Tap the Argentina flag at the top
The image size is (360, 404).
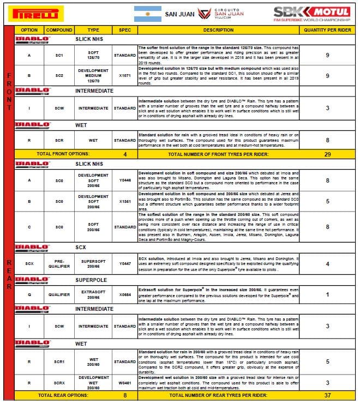click(x=147, y=13)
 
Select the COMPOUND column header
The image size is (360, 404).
click(x=59, y=30)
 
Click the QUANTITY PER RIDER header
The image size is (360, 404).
click(x=327, y=30)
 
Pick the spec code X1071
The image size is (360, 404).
click(x=125, y=76)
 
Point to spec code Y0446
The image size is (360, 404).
click(x=125, y=179)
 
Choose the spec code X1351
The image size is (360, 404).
click(x=125, y=201)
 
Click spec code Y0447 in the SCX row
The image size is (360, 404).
click(x=125, y=264)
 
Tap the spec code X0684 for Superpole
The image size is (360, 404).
click(x=125, y=294)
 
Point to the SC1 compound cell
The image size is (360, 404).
click(x=59, y=55)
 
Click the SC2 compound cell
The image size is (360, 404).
click(x=59, y=76)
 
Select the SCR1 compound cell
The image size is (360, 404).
click(x=59, y=361)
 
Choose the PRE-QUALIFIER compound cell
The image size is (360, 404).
click(x=59, y=264)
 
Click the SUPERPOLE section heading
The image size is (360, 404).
click(x=90, y=279)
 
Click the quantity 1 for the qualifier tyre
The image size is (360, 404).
click(x=327, y=294)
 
